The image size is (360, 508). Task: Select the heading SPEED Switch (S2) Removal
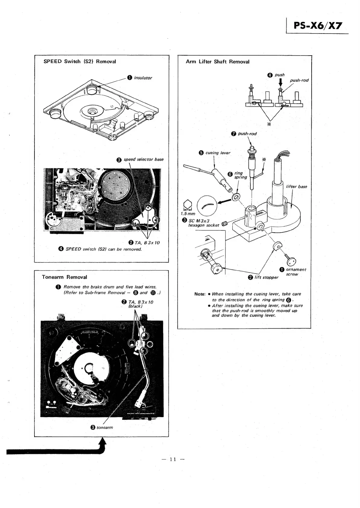[x=80, y=61]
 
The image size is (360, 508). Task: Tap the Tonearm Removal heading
[x=64, y=277]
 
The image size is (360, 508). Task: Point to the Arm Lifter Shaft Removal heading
[x=218, y=62]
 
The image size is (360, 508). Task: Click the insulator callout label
[x=143, y=78]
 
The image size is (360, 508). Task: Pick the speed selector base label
[x=144, y=159]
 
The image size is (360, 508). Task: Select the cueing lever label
[x=218, y=153]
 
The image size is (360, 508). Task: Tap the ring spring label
[x=241, y=175]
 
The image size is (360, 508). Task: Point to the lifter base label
[x=296, y=187]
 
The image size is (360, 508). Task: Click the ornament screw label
[x=296, y=272]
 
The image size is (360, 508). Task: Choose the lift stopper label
[x=266, y=278]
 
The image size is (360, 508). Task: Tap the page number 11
[x=173, y=459]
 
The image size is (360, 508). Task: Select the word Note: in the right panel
[x=200, y=294]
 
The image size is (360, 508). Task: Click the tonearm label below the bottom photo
[x=105, y=427]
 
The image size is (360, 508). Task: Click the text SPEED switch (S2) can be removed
[x=103, y=249]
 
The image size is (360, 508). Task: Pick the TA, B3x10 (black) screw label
[x=141, y=304]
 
